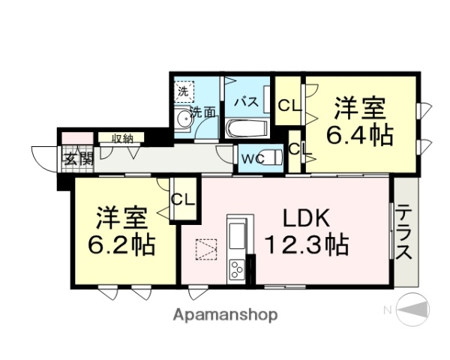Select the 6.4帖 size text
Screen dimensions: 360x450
point(360,136)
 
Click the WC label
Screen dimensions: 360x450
point(251,157)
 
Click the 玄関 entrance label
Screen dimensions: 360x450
point(77,159)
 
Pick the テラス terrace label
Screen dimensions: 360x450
point(404,232)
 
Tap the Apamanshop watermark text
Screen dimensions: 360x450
point(225,314)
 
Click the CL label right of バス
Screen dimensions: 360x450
point(287,105)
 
